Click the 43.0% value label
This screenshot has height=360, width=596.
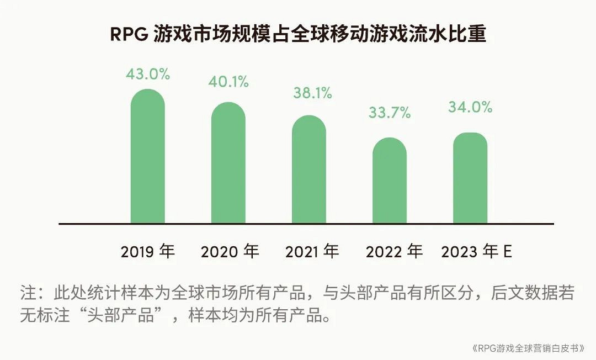(x=147, y=74)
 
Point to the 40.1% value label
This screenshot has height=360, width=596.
(x=228, y=82)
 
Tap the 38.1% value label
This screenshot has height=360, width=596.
(x=312, y=93)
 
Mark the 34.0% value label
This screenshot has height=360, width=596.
(x=470, y=107)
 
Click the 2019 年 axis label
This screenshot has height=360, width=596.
(x=147, y=252)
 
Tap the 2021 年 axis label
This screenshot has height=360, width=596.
(x=312, y=252)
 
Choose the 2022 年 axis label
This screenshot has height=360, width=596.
(x=394, y=252)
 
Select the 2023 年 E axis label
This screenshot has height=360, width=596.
(x=477, y=252)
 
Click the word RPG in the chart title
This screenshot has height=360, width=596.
(x=129, y=34)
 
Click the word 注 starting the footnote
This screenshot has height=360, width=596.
(x=28, y=293)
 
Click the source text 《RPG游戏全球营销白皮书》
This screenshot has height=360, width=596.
(x=529, y=348)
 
